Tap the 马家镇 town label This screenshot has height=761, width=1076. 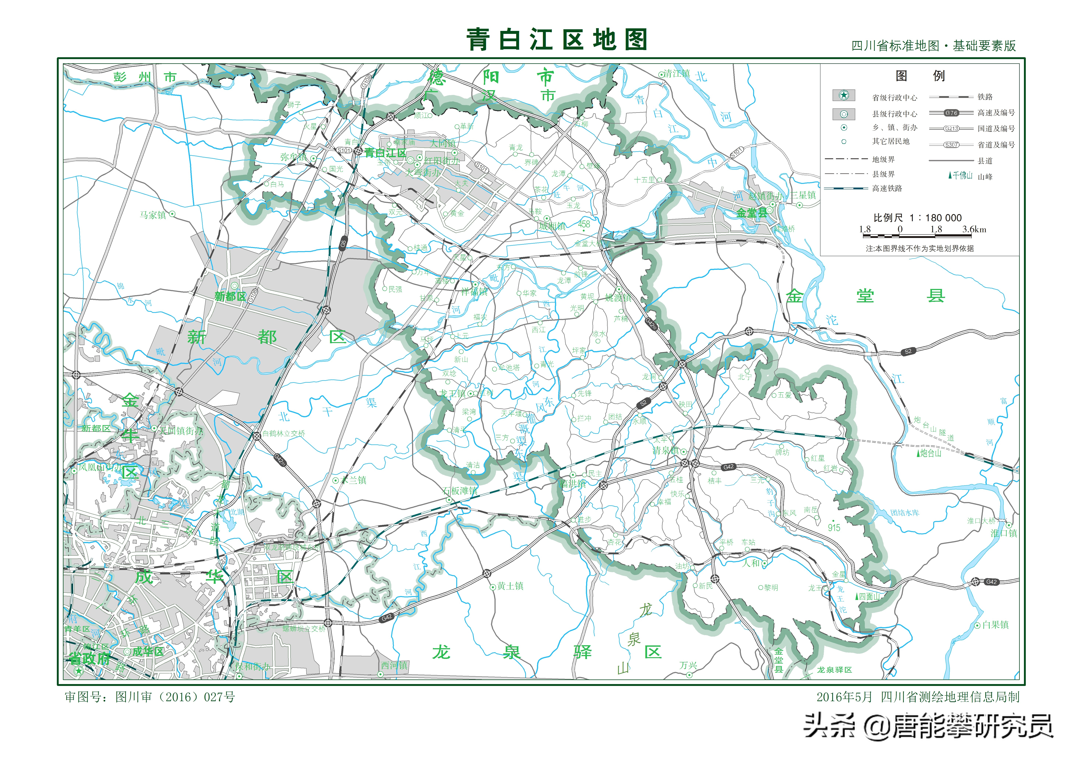point(153,215)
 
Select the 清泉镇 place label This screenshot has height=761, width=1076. point(665,451)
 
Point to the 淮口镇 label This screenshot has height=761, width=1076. point(1003,533)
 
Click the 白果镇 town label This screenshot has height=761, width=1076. point(995,625)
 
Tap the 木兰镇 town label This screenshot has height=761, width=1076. point(354,480)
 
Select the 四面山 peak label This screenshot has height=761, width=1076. point(869,596)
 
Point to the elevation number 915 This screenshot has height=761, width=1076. point(834,527)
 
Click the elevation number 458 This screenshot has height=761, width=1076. point(584,224)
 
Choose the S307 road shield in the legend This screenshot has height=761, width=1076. point(951,145)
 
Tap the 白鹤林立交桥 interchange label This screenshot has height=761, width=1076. point(283,434)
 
